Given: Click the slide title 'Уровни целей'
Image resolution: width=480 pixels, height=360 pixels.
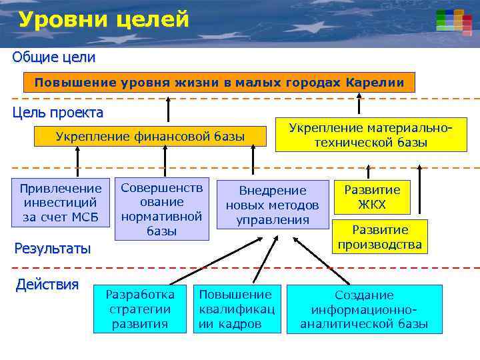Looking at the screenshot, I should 103,19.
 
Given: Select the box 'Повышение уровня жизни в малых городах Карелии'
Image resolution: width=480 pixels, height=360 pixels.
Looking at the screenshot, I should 219,83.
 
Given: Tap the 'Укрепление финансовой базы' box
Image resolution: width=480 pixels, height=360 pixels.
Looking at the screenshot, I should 150,137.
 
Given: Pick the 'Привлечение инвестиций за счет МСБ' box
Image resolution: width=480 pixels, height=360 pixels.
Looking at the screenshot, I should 61,202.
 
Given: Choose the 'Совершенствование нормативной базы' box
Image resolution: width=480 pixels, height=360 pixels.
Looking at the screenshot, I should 161,208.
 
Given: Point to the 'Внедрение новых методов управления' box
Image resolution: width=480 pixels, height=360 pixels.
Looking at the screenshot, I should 273,205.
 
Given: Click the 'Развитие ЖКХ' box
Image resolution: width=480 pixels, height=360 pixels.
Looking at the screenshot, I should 372,197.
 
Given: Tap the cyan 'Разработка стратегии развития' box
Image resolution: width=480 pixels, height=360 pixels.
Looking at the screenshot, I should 141,309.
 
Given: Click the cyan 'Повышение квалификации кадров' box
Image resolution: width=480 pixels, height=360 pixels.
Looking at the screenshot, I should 236,309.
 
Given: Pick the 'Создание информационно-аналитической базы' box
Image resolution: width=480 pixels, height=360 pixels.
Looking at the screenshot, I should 364,309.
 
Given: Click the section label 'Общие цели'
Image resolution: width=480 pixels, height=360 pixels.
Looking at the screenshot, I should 53,57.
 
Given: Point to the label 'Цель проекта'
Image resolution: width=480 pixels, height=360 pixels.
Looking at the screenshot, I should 58,112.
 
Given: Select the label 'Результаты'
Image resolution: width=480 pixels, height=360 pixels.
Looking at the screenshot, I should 53,249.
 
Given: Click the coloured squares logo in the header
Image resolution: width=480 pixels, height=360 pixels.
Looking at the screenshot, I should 450,21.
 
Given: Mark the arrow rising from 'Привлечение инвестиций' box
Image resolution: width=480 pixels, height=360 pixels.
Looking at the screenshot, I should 77,163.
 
